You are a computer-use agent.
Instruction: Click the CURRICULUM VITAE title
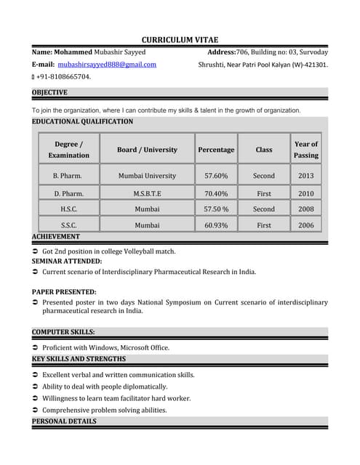(x=180, y=39)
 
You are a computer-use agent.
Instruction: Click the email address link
(x=107, y=65)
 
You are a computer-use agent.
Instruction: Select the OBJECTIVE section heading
(x=50, y=92)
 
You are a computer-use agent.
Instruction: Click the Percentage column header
(x=216, y=150)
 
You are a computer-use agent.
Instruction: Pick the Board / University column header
(x=147, y=150)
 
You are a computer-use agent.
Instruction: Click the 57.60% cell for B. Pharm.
(x=216, y=176)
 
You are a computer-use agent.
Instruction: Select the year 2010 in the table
(x=306, y=194)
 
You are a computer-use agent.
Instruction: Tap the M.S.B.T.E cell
(x=147, y=194)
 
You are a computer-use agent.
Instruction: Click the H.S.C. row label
(x=68, y=209)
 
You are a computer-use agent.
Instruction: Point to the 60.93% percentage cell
(x=216, y=225)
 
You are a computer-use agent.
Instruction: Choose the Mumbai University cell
(x=147, y=176)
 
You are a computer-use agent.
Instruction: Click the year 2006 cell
(x=306, y=225)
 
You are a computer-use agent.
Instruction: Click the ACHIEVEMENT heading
(x=56, y=237)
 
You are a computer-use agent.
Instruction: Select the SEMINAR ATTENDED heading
(x=67, y=260)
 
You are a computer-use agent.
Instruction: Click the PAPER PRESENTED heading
(x=64, y=291)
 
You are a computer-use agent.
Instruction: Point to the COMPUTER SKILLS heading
(x=63, y=332)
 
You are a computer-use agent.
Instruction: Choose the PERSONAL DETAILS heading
(x=64, y=421)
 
